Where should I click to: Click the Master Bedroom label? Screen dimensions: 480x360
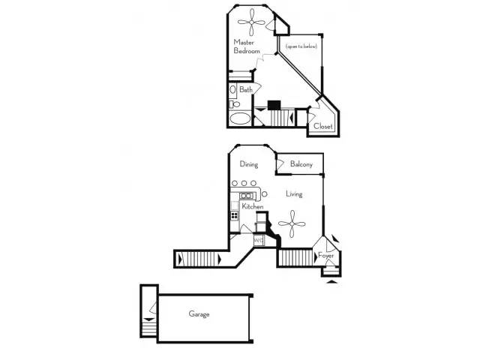247,46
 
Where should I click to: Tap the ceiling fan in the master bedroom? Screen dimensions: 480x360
252,22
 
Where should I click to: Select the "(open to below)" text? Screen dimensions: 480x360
301,46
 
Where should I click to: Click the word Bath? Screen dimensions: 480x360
246,90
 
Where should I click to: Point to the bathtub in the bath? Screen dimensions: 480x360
240,118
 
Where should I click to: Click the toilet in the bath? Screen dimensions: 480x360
235,104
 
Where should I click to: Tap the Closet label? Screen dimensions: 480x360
323,126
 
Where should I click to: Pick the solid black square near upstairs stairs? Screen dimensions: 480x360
274,105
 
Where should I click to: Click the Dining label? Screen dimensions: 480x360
249,164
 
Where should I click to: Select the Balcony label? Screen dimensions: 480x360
301,164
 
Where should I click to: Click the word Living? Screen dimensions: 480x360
294,193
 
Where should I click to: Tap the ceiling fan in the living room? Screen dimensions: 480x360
292,223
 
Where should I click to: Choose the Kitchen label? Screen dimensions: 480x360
253,207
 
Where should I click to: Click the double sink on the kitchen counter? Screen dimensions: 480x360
247,195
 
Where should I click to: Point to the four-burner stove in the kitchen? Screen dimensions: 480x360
235,215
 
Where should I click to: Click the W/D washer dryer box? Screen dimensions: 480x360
259,241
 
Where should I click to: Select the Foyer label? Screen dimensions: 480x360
325,255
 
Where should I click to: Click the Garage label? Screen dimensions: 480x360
199,314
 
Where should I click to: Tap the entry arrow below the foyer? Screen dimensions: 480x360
331,282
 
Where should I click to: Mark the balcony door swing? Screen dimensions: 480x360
280,164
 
